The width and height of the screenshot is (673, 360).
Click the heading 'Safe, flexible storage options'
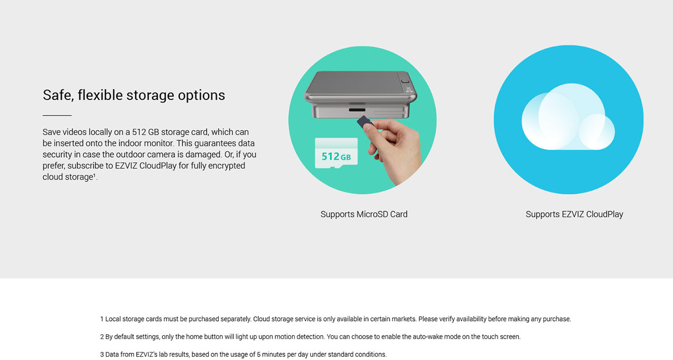pyautogui.click(x=134, y=95)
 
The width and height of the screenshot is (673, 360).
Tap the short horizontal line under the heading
pyautogui.click(x=57, y=115)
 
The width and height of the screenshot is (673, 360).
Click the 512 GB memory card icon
pyautogui.click(x=336, y=153)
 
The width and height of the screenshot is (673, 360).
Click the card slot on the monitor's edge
pyautogui.click(x=357, y=110)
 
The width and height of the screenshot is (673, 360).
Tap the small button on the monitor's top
pyautogui.click(x=405, y=81)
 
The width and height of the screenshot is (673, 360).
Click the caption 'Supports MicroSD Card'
pyautogui.click(x=364, y=214)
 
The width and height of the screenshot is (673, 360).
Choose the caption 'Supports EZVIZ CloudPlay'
pyautogui.click(x=574, y=214)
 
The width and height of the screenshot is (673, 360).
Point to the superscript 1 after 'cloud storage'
pyautogui.click(x=94, y=175)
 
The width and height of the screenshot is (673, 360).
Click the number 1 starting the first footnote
pyautogui.click(x=102, y=319)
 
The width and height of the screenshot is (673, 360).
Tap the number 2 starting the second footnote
pyautogui.click(x=102, y=336)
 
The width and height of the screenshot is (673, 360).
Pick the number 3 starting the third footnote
pyautogui.click(x=102, y=354)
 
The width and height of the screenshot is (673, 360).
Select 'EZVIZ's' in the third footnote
pyautogui.click(x=147, y=354)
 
